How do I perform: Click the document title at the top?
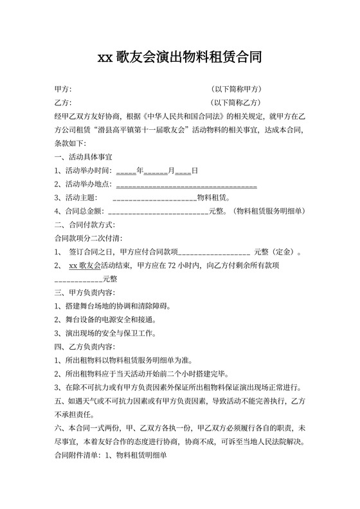click(179, 57)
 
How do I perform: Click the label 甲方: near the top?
click(63, 89)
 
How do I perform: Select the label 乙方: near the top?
click(63, 102)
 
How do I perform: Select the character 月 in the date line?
click(172, 170)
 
